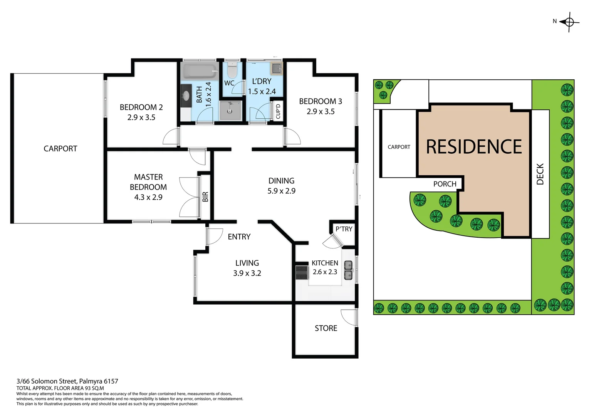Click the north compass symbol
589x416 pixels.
pos(569,22)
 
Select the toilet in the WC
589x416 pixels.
pos(232,70)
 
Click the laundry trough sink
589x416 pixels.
pos(277,69)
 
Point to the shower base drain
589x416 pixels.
pos(230,111)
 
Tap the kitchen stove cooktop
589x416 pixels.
pos(302,272)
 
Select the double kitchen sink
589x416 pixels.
pos(348,270)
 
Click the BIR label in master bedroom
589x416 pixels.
pos(205,197)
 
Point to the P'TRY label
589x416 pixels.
pos(344,229)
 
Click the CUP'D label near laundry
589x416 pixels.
pos(278,111)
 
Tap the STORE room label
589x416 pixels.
pos(326,328)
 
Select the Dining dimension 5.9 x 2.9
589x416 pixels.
pos(281,191)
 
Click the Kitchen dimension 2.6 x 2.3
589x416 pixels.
pos(325,272)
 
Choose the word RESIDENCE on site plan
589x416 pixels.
pos(474,147)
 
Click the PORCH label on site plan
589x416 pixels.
pos(445,184)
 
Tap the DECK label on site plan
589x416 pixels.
pos(540,174)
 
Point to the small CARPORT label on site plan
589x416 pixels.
pos(399,147)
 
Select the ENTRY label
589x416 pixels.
pos(239,237)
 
